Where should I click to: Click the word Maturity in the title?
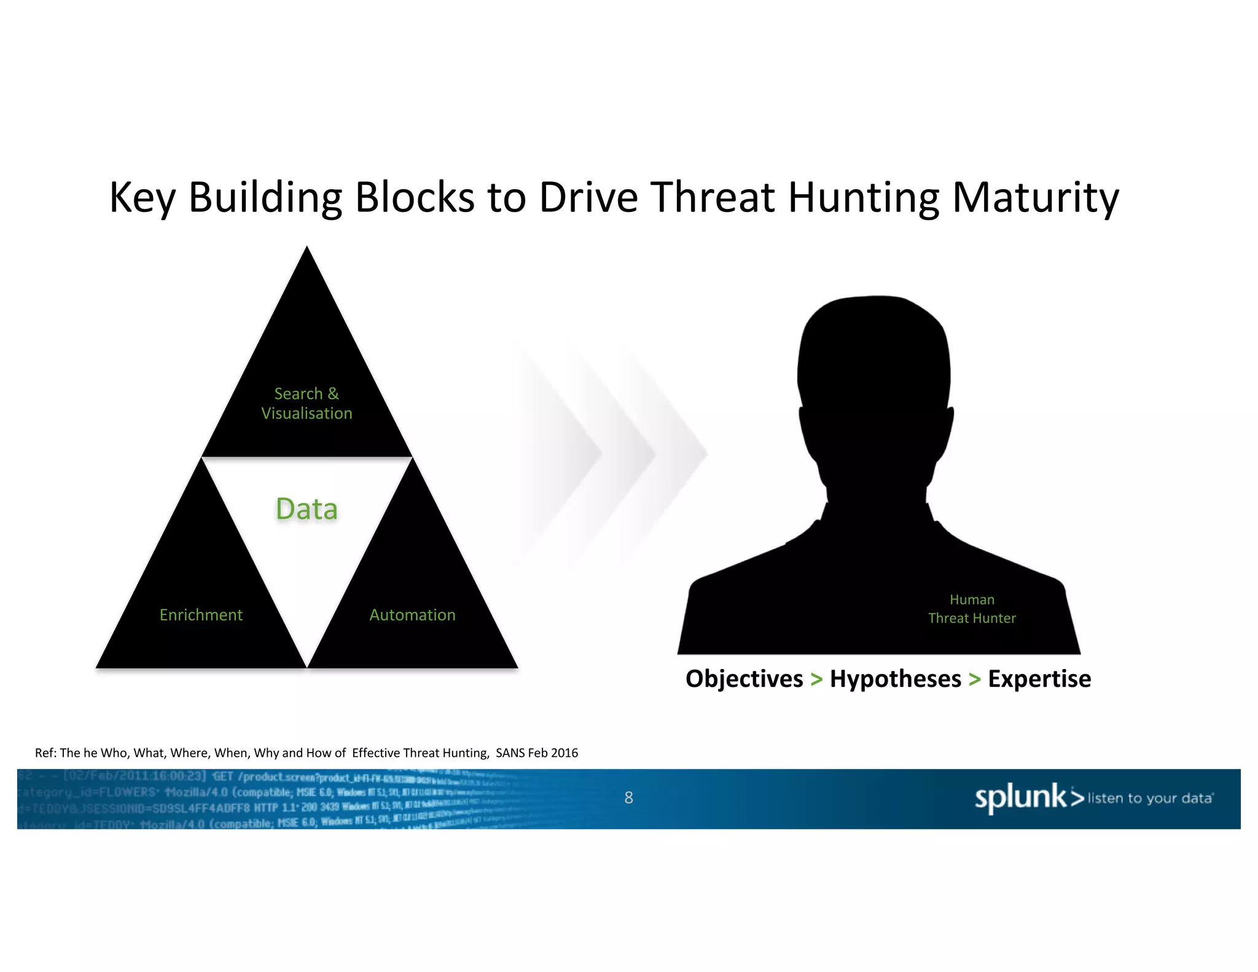pos(1036,198)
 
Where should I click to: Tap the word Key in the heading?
pos(141,198)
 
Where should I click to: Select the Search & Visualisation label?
pos(307,403)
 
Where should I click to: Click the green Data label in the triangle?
pos(307,509)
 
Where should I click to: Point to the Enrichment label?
pos(201,615)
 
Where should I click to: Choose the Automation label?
pos(412,615)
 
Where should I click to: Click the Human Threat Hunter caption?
pos(972,609)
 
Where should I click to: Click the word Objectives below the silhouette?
pos(744,679)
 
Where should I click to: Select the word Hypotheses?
pos(895,679)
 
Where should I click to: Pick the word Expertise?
pos(1039,679)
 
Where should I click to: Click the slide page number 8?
pos(628,798)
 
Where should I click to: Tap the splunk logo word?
pos(1021,797)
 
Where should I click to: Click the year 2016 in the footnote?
pos(565,753)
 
